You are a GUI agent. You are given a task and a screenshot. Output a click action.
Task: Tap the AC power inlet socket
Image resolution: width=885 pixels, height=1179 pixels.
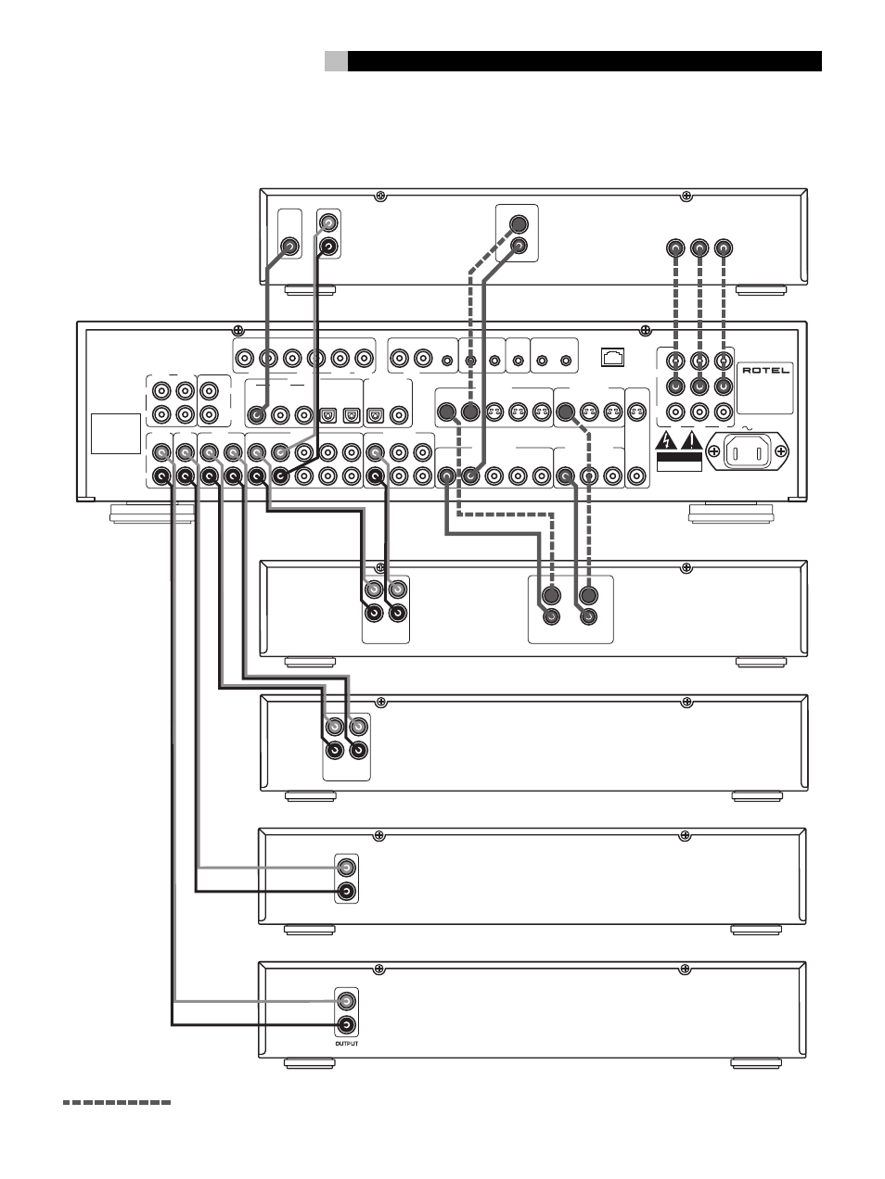[749, 453]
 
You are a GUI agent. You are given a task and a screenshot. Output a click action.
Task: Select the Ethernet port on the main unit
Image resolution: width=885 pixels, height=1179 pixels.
[613, 354]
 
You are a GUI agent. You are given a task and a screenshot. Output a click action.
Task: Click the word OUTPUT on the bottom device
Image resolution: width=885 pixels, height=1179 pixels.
[345, 1043]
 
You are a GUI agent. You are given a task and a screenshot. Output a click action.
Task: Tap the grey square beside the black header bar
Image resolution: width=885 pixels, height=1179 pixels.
[336, 61]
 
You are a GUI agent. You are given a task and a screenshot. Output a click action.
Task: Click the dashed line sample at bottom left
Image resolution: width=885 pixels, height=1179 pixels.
[117, 1103]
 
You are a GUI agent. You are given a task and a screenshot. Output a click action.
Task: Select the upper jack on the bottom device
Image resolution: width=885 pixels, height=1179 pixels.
[346, 1001]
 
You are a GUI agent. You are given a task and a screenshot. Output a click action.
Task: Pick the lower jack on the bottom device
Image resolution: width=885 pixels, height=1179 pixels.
[346, 1025]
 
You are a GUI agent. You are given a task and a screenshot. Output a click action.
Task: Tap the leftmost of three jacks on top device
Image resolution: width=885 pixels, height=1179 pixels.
[676, 248]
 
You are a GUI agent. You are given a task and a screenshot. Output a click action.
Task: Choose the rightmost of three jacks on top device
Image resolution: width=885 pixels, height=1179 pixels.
[725, 248]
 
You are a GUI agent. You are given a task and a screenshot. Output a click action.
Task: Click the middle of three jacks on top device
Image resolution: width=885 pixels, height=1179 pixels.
[700, 248]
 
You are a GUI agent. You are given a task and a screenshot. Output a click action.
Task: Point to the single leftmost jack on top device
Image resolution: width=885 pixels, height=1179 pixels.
[290, 247]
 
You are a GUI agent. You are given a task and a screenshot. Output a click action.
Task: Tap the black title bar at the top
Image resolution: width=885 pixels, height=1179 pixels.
[584, 61]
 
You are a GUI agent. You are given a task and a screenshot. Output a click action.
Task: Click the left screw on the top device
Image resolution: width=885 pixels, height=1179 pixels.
[379, 196]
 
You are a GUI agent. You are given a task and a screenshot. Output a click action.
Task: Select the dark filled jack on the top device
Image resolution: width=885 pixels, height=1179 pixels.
[519, 223]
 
